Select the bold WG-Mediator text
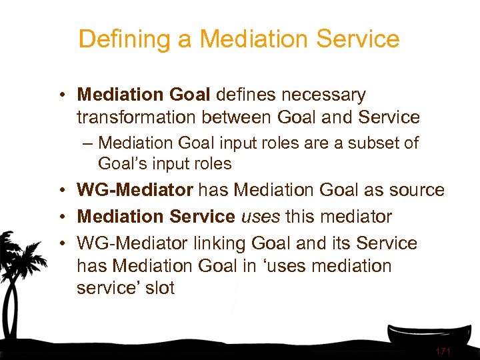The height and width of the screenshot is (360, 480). pyautogui.click(x=135, y=190)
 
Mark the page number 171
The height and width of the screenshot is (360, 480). pyautogui.click(x=443, y=351)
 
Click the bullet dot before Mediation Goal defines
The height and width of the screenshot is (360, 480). pyautogui.click(x=61, y=96)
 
